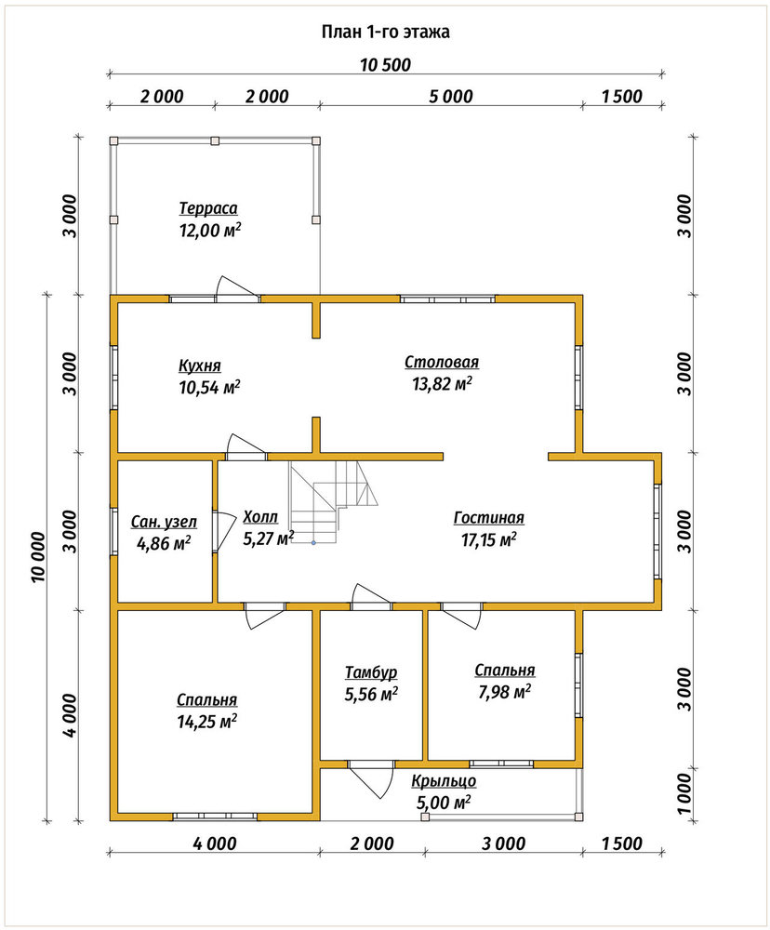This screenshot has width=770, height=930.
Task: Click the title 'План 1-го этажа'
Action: click(x=386, y=32)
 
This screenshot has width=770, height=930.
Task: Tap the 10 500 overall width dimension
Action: click(x=386, y=65)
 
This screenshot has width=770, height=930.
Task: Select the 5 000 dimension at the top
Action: click(x=451, y=96)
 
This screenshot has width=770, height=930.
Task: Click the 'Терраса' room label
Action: click(x=208, y=208)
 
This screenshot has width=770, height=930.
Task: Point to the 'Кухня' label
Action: click(x=199, y=365)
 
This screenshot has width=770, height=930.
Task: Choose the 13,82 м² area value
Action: click(x=442, y=384)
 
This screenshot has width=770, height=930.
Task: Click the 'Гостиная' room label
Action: click(x=489, y=518)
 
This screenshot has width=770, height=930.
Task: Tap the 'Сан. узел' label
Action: click(x=164, y=522)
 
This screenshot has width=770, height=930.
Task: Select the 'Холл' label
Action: click(x=259, y=517)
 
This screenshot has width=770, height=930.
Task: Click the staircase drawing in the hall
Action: click(x=334, y=502)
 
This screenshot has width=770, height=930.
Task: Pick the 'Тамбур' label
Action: click(x=371, y=672)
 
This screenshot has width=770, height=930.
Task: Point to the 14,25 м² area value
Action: click(x=207, y=722)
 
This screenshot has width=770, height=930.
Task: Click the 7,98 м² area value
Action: click(x=504, y=692)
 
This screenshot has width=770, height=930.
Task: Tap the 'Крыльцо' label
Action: click(x=444, y=782)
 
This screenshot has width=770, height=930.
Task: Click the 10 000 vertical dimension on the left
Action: click(x=38, y=557)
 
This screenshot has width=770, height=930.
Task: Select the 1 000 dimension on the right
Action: click(x=684, y=795)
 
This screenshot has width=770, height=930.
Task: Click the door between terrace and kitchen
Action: click(x=237, y=289)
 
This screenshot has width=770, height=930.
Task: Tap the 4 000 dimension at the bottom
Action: click(x=214, y=844)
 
